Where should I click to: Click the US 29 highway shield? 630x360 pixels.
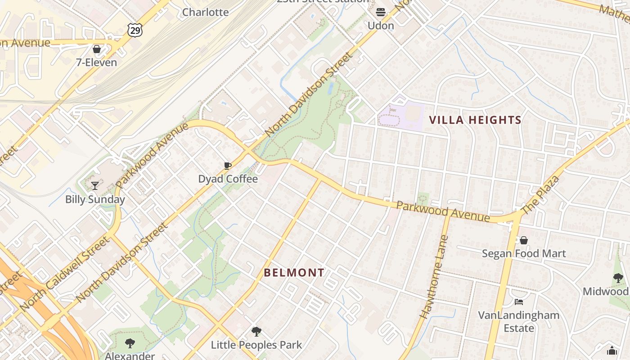pyautogui.click(x=135, y=30)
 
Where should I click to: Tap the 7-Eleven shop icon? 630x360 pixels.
pyautogui.click(x=97, y=49)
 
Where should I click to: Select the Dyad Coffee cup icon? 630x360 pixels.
pyautogui.click(x=228, y=166)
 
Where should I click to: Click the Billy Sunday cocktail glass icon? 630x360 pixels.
pyautogui.click(x=95, y=185)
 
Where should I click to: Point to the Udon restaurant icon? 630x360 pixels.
pyautogui.click(x=381, y=12)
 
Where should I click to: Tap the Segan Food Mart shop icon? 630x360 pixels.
pyautogui.click(x=523, y=240)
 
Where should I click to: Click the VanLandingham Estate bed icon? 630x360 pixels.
pyautogui.click(x=519, y=301)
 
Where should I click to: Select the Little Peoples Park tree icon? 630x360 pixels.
pyautogui.click(x=256, y=332)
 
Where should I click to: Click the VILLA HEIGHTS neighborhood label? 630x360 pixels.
pyautogui.click(x=475, y=120)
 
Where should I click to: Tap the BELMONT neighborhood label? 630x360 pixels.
pyautogui.click(x=294, y=273)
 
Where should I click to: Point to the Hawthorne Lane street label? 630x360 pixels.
pyautogui.click(x=435, y=277)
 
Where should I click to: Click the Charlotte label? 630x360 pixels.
pyautogui.click(x=205, y=12)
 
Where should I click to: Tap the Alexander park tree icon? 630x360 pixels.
pyautogui.click(x=130, y=343)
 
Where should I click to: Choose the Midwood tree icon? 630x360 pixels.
pyautogui.click(x=618, y=278)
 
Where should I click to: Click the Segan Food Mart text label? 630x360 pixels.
pyautogui.click(x=524, y=253)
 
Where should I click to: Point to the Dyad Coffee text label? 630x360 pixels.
pyautogui.click(x=228, y=179)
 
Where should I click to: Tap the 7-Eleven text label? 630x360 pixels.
pyautogui.click(x=96, y=63)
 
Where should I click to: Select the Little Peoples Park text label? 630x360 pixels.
pyautogui.click(x=256, y=345)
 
